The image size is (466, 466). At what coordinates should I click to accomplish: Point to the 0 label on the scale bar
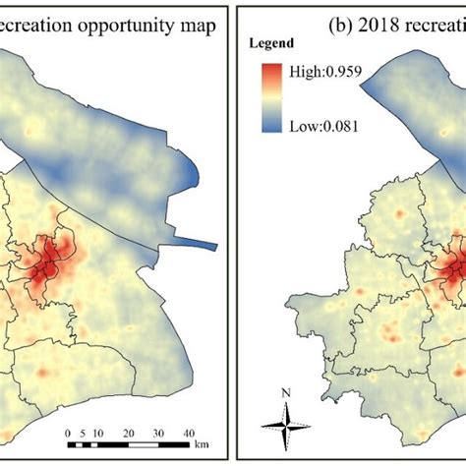pyautogui.click(x=69, y=433)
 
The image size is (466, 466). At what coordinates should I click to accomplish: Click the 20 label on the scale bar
pyautogui.click(x=129, y=433)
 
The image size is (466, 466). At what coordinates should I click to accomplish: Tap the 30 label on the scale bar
pyautogui.click(x=159, y=433)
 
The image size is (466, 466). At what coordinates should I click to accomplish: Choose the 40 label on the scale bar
pyautogui.click(x=189, y=433)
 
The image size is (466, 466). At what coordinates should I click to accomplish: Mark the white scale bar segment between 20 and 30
pyautogui.click(x=145, y=444)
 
